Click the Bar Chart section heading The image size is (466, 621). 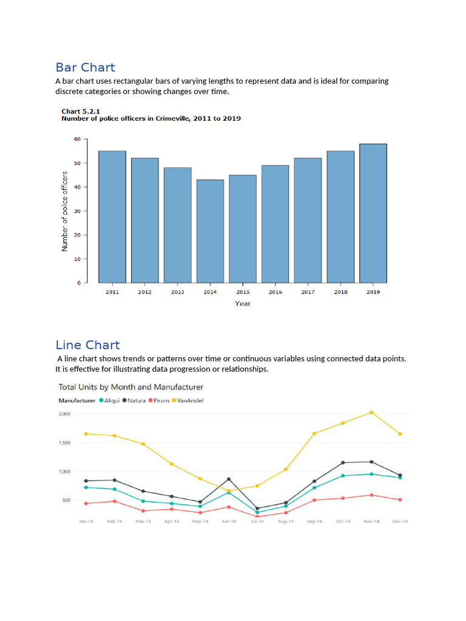click(x=85, y=67)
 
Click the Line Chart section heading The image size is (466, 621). click(x=87, y=345)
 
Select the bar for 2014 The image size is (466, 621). click(x=210, y=231)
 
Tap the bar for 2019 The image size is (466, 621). click(x=373, y=213)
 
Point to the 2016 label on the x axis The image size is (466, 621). click(x=275, y=292)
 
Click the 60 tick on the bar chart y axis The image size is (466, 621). click(x=76, y=139)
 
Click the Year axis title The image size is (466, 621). click(x=243, y=304)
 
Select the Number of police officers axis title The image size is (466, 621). click(x=65, y=211)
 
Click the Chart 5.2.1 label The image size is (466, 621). click(x=80, y=112)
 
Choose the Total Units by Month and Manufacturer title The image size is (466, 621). click(x=130, y=387)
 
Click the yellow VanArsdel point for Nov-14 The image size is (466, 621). click(x=371, y=412)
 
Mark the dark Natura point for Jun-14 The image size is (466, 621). click(x=229, y=479)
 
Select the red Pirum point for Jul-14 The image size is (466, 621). click(x=257, y=517)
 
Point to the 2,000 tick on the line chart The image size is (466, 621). click(x=65, y=414)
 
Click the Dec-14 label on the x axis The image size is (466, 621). click(x=400, y=522)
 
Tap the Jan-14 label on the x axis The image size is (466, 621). click(x=86, y=522)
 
